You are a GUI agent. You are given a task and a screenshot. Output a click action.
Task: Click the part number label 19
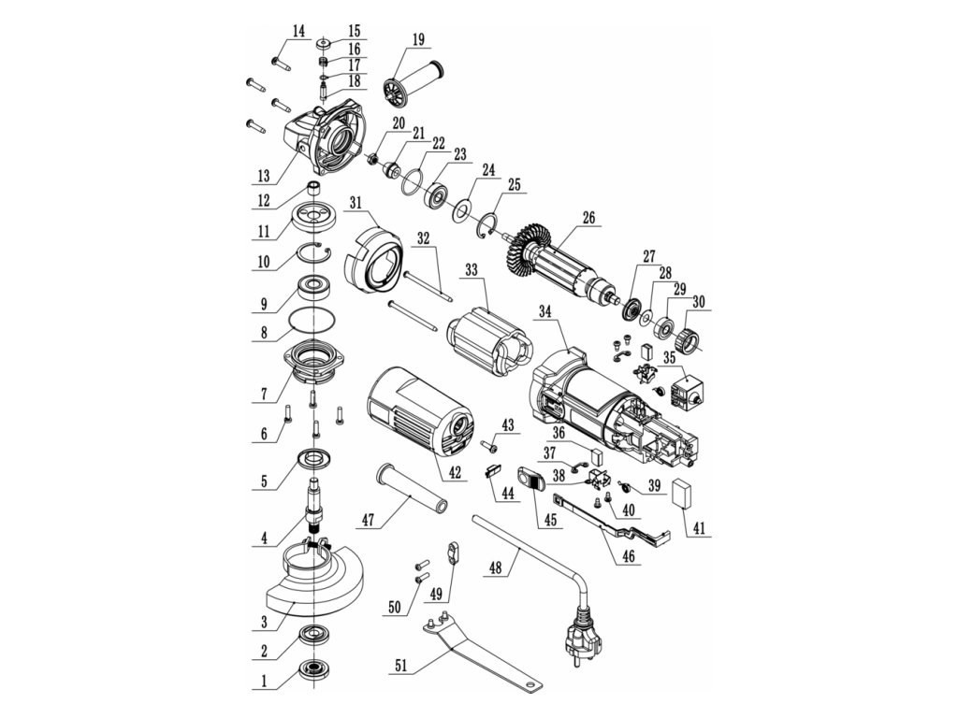point(417,38)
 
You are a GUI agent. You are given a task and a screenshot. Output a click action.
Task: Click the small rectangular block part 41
point(686,493)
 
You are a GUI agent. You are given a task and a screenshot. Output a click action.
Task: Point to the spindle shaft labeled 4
point(314,505)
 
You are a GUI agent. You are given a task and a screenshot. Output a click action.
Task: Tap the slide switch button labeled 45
point(530,481)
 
